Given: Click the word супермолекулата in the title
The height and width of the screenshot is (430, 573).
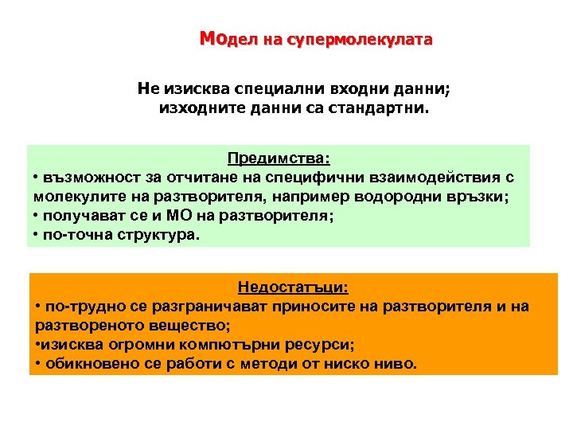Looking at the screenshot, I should click(375, 40).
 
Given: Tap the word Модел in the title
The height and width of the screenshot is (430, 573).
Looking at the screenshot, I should click(224, 39).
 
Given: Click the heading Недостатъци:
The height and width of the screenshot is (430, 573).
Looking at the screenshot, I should click(293, 287).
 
